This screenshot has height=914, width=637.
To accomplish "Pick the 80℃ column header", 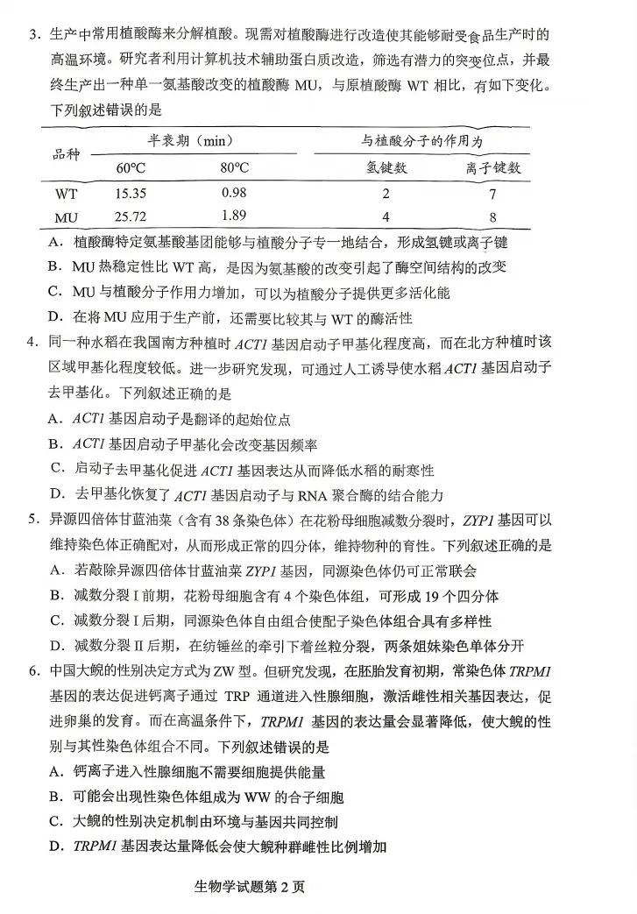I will tap(234, 167).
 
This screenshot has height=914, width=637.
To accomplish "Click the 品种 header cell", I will tap(66, 154).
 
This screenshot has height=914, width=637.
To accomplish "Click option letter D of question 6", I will tap(55, 847).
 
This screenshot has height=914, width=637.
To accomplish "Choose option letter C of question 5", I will tap(55, 621).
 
